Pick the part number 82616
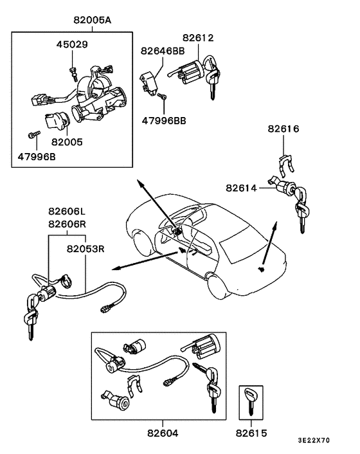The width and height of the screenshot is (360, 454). (x=284, y=129)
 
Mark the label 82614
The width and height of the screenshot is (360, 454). (x=242, y=188)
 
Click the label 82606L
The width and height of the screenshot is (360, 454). (x=67, y=211)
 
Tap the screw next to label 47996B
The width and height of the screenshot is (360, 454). (x=33, y=134)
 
